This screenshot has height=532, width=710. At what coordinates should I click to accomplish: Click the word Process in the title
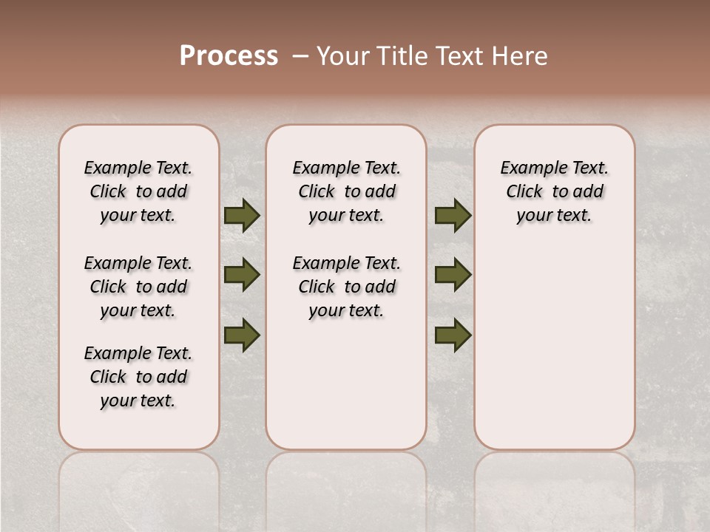pyautogui.click(x=229, y=56)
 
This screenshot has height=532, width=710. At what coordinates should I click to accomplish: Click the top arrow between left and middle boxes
pyautogui.click(x=242, y=215)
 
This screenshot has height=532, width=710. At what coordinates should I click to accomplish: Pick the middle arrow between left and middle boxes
pyautogui.click(x=242, y=275)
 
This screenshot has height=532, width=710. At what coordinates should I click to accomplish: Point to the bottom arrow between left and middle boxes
pyautogui.click(x=242, y=335)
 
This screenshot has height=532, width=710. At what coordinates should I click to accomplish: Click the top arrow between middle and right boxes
pyautogui.click(x=453, y=215)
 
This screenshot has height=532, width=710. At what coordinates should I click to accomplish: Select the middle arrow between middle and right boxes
pyautogui.click(x=453, y=275)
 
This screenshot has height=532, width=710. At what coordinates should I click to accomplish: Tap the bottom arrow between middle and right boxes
pyautogui.click(x=453, y=335)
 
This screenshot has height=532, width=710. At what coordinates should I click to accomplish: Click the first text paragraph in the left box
pyautogui.click(x=138, y=191)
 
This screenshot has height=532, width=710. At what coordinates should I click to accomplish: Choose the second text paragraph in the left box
pyautogui.click(x=138, y=287)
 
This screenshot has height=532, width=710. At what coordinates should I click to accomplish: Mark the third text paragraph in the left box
pyautogui.click(x=138, y=377)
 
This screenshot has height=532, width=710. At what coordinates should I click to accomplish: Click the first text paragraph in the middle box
pyautogui.click(x=346, y=191)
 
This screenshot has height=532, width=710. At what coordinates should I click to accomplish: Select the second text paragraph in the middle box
pyautogui.click(x=346, y=287)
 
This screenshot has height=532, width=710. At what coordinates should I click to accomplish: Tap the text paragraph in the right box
pyautogui.click(x=554, y=191)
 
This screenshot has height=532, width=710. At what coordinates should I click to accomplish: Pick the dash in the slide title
pyautogui.click(x=301, y=56)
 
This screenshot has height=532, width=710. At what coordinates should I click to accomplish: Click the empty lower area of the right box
pyautogui.click(x=554, y=347)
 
